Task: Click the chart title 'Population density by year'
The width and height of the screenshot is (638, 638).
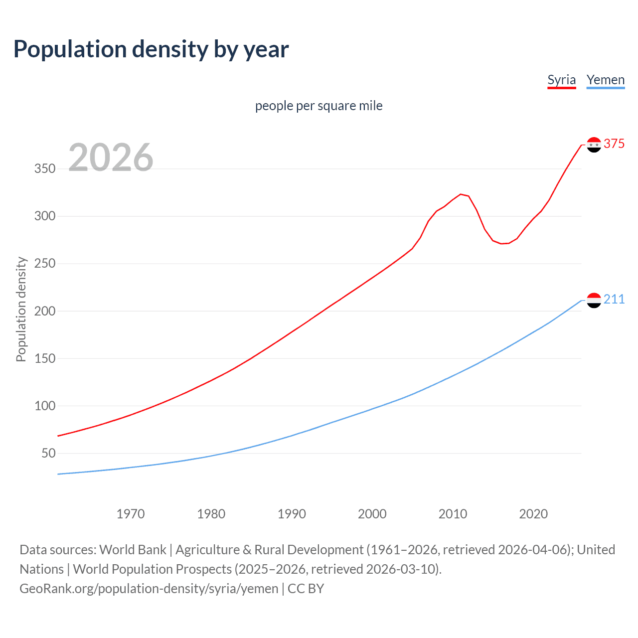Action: pos(151,49)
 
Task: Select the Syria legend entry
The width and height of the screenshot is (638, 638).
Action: pos(561,80)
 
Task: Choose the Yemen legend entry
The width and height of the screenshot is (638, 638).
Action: pos(605,80)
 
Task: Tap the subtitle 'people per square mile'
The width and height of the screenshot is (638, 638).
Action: pos(319,106)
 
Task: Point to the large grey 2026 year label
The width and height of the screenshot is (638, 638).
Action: pos(111,158)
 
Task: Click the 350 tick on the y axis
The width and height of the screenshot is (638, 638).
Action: pos(45,168)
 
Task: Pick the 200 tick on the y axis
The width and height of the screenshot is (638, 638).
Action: pos(45,311)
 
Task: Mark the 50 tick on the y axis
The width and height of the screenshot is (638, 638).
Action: pos(48,453)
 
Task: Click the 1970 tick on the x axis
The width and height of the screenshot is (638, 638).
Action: pos(131,514)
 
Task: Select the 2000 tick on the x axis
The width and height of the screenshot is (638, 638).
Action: pos(372,514)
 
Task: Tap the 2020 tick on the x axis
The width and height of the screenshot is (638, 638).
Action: pos(533,514)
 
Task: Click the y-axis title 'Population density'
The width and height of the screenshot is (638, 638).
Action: pos(21,309)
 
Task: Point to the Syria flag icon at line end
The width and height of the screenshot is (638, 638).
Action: pos(594,145)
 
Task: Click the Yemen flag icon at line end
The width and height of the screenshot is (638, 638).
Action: pos(594,300)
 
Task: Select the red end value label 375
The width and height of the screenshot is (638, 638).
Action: pos(614,144)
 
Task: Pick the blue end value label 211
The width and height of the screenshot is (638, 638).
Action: pos(614,299)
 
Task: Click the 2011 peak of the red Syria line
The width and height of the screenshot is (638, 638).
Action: pos(461,194)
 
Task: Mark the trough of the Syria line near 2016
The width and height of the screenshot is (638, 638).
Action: pos(501,244)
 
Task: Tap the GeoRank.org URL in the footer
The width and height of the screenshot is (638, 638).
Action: pos(149,589)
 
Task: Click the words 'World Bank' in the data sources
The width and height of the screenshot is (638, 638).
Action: pos(133,550)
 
